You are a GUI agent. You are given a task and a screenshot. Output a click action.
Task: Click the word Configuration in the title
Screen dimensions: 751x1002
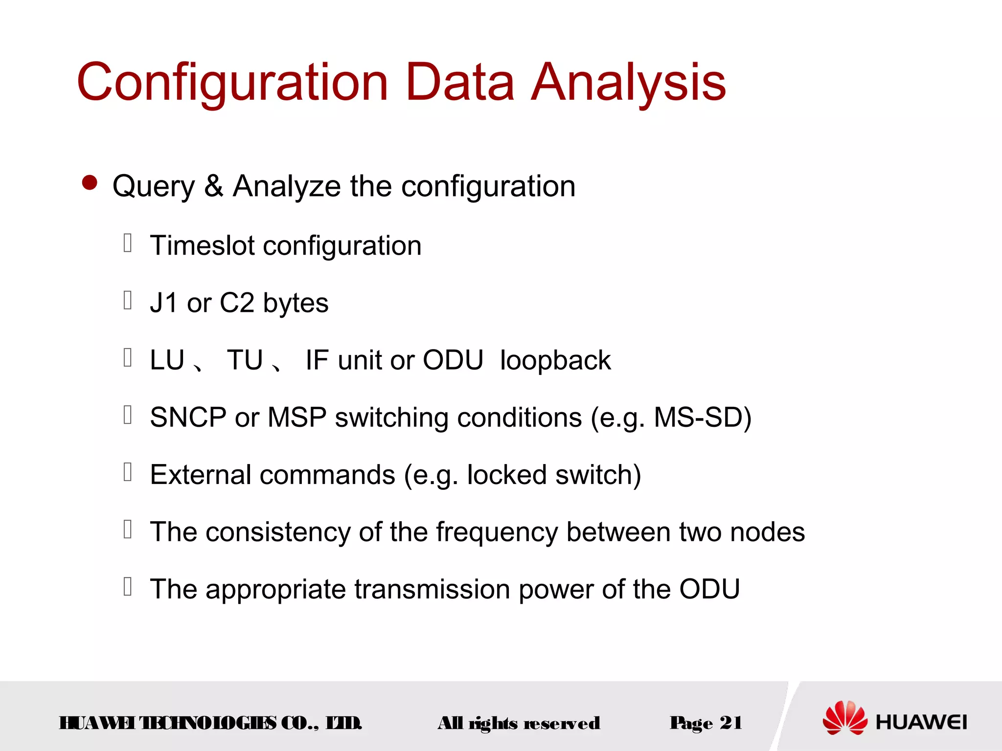[232, 83]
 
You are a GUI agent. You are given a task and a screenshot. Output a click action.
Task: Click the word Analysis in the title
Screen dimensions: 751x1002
[628, 83]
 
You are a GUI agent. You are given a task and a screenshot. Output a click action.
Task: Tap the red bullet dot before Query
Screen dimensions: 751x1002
[90, 183]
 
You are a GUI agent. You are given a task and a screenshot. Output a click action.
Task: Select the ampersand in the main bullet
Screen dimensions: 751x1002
[214, 186]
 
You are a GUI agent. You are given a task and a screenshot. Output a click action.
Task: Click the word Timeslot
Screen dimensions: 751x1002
[202, 245]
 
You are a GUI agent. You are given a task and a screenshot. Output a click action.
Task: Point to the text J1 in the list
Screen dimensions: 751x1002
[163, 303]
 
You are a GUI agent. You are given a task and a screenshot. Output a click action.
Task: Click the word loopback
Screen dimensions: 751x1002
[555, 360]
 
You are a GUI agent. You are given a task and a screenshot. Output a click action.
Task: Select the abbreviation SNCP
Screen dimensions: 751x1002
[188, 418]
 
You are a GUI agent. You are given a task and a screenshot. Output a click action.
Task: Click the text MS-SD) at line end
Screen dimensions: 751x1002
[702, 418]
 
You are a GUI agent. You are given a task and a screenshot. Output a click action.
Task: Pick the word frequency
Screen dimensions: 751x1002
[497, 533]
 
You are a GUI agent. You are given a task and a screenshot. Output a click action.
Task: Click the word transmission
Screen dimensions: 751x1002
[432, 589]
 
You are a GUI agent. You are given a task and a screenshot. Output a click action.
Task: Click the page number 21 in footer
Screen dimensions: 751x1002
[730, 723]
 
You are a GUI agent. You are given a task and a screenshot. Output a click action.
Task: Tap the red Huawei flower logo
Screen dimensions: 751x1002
[844, 718]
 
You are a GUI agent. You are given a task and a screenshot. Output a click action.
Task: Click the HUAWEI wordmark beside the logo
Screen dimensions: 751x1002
[921, 722]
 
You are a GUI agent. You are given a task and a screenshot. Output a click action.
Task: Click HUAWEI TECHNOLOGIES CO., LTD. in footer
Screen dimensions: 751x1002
[210, 723]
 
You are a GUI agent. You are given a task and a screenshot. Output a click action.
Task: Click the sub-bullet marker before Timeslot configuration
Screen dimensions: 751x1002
[128, 243]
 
